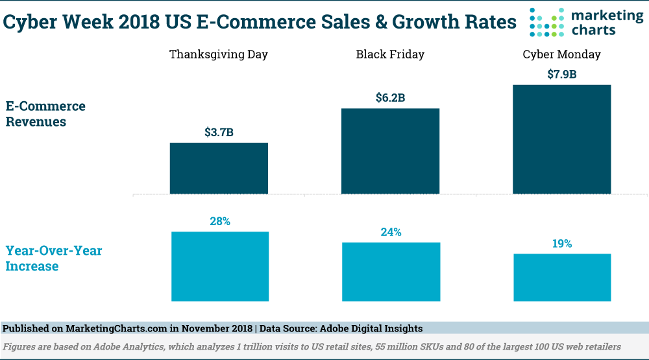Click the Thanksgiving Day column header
[x=218, y=54]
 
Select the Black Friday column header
[x=390, y=54]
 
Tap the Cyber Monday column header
[x=561, y=54]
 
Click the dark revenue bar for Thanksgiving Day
[x=219, y=168]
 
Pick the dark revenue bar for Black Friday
[x=390, y=150]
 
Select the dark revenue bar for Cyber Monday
[x=561, y=139]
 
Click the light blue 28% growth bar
[x=219, y=266]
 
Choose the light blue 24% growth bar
[x=390, y=271]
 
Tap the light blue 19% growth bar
[x=561, y=277]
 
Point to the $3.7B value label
[x=219, y=133]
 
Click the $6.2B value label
[x=390, y=99]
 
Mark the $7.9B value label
[x=561, y=75]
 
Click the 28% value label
[x=219, y=221]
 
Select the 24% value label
[x=390, y=232]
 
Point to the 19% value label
[x=561, y=244]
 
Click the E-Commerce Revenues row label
[x=45, y=114]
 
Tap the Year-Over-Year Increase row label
[x=54, y=258]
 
